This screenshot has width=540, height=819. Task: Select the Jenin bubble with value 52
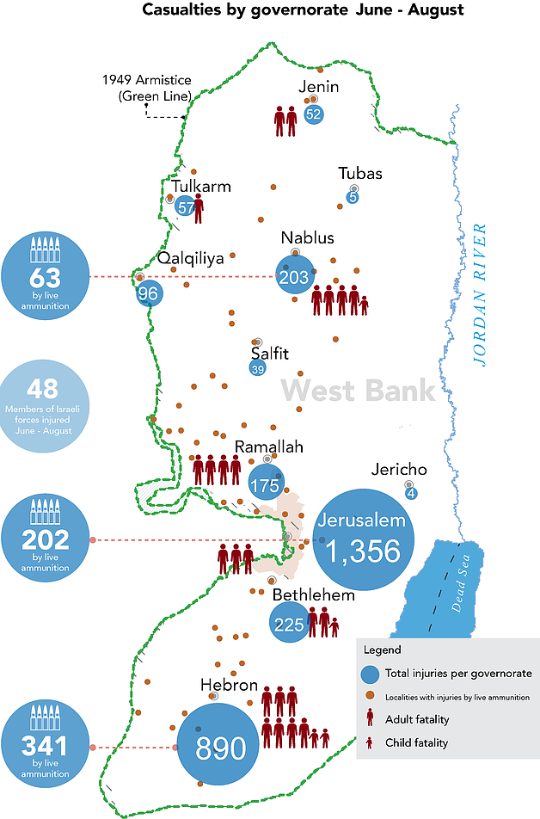[x=313, y=114]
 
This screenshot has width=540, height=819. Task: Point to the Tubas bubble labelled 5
[x=352, y=198]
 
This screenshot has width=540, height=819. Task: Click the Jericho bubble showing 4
[x=411, y=493]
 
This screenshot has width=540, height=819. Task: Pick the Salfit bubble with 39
[x=257, y=369]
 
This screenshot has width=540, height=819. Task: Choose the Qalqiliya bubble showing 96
[x=149, y=293]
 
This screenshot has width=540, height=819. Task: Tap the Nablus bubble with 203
[x=294, y=276]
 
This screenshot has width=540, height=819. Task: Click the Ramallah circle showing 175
[x=265, y=484]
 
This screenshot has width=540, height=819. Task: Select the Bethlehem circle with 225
[x=289, y=625]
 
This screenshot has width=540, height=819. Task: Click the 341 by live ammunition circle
[x=46, y=745]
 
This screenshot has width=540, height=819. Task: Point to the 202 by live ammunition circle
[x=46, y=539]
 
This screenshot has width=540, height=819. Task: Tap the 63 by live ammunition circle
[x=46, y=276]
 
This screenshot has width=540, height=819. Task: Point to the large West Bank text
[x=359, y=391]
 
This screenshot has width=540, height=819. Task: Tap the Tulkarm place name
[x=200, y=186]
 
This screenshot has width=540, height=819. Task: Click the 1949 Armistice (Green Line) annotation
[x=146, y=88]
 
